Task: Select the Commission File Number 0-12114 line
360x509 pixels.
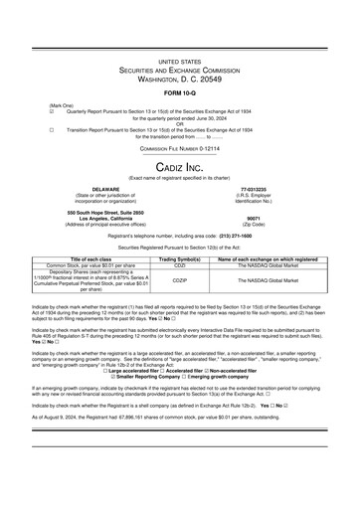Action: pyautogui.click(x=179, y=146)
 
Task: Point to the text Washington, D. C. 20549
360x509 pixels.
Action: pyautogui.click(x=179, y=78)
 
